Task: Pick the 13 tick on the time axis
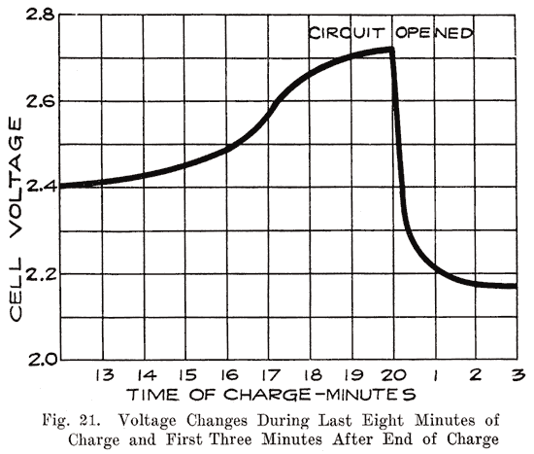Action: tap(103, 375)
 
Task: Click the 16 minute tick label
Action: tap(227, 375)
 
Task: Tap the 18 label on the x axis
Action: tap(311, 375)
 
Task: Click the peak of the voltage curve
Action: tap(389, 49)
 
